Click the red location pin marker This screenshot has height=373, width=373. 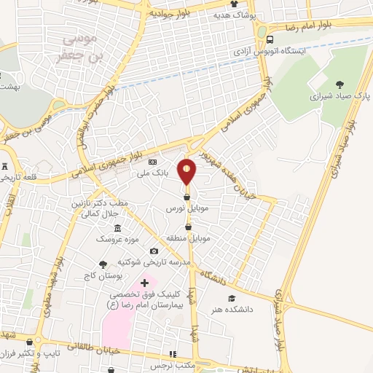187,172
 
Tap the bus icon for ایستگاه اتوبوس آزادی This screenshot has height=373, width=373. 270,40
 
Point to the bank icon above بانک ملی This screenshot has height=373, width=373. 152,162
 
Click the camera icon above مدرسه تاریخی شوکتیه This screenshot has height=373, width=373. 154,251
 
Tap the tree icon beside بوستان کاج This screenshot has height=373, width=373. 103,264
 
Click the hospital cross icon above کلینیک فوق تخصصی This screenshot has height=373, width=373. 144,282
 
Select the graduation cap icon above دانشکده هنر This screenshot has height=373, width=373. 232,298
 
